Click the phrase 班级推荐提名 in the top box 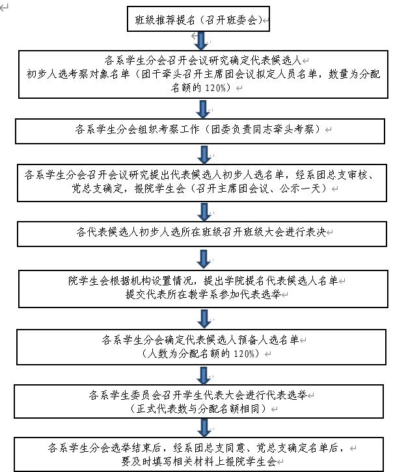[x=165, y=20]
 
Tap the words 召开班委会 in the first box [x=231, y=20]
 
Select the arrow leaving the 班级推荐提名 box [x=201, y=41]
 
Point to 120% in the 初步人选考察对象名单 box [x=215, y=88]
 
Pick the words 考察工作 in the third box [x=179, y=129]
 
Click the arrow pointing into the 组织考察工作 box [x=203, y=109]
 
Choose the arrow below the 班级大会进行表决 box [x=204, y=259]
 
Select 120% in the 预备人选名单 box [x=244, y=354]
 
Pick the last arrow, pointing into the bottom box [x=204, y=428]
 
